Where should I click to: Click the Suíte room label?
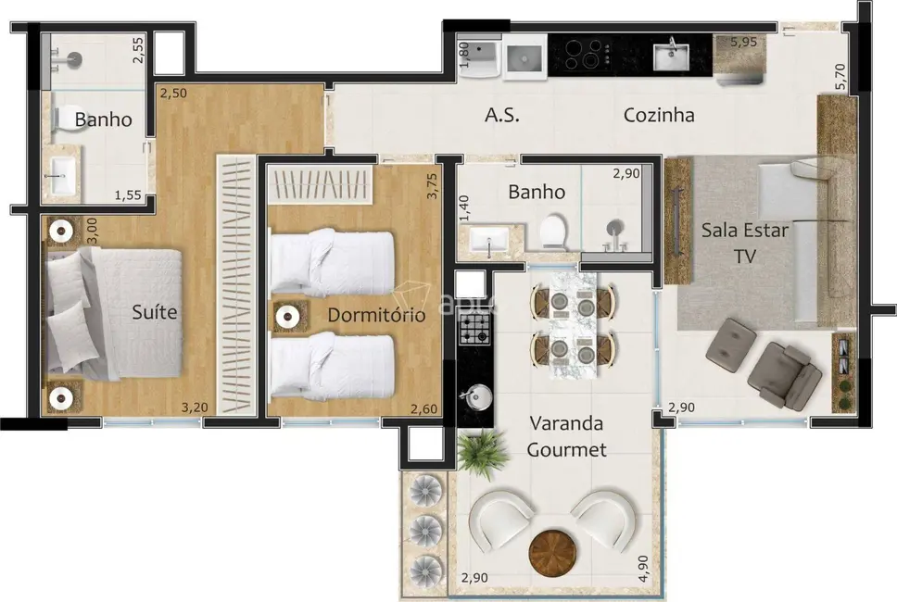coord(154,312)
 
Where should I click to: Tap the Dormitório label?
coord(376,316)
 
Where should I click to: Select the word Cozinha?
coord(659,116)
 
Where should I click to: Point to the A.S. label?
coord(502,116)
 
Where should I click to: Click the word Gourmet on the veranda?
coord(567,450)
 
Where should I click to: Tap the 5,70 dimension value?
coord(840,75)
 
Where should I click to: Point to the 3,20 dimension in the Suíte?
coord(195,407)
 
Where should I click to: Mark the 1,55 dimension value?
coord(129,195)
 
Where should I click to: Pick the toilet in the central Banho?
coord(553,232)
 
